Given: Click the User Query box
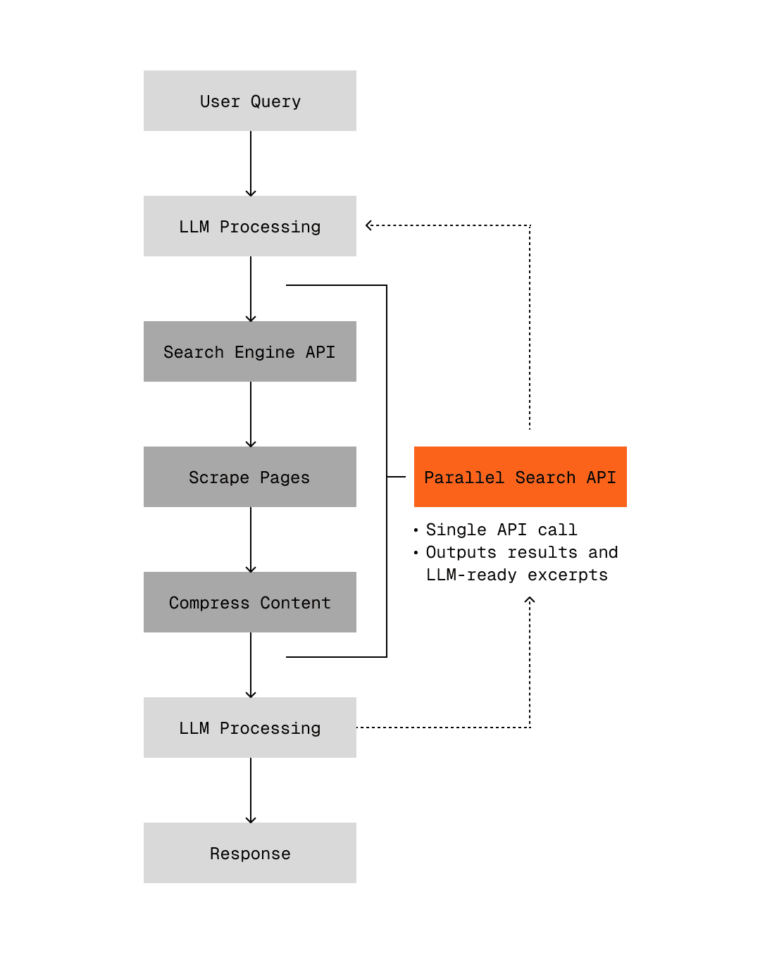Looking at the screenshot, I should [x=250, y=101].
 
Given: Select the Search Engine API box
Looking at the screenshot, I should [x=250, y=351].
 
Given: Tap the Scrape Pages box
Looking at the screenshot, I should [x=250, y=477].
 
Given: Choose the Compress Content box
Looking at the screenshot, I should [x=250, y=602].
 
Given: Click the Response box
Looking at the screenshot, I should [x=250, y=853].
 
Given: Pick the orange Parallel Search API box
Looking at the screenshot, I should [x=520, y=477].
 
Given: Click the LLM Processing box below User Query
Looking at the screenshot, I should [x=250, y=226].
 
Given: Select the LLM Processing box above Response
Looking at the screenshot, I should [x=250, y=728].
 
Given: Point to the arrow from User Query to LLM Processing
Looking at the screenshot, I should [x=251, y=163].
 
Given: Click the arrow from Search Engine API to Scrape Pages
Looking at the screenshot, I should [x=251, y=414].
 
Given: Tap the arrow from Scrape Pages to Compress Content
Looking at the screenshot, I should [x=251, y=539].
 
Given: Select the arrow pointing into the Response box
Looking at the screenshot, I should [x=251, y=790].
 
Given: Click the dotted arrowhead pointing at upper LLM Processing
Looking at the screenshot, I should [x=369, y=225].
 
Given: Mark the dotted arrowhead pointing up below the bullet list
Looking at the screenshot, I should [x=530, y=600].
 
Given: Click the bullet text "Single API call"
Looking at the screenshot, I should [x=501, y=530].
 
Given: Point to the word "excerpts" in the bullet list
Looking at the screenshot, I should [x=567, y=575].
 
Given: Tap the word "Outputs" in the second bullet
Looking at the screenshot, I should [x=461, y=552].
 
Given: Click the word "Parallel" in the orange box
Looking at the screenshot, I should [x=464, y=477].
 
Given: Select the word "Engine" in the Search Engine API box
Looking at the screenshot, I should [x=264, y=352].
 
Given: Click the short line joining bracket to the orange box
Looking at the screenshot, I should [x=397, y=477].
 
